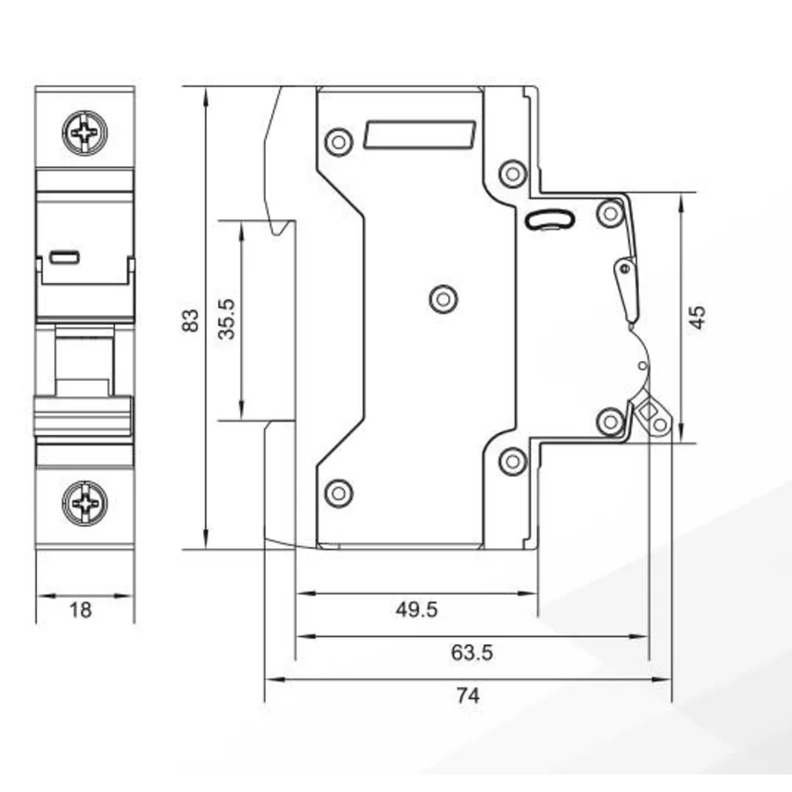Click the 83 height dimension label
[190, 320]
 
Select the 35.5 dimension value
[227, 319]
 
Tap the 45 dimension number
[698, 317]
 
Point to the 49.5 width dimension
[417, 610]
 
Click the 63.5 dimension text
[472, 653]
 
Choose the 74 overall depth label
[468, 695]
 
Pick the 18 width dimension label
[80, 610]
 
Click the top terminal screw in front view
[84, 133]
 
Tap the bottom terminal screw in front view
[84, 503]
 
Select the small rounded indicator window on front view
[64, 258]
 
